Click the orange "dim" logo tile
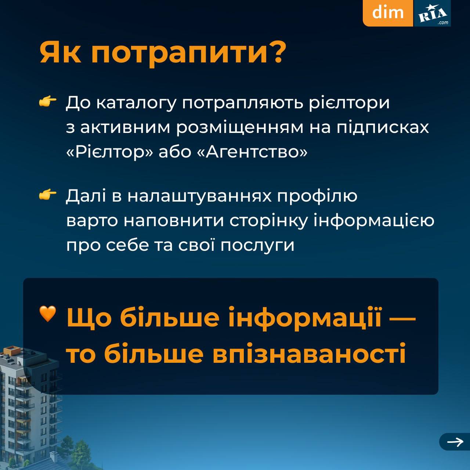pyautogui.click(x=388, y=13)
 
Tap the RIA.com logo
pyautogui.click(x=432, y=13)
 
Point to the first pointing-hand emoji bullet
pyautogui.click(x=48, y=102)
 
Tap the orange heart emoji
pyautogui.click(x=48, y=314)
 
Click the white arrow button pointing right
pyautogui.click(x=455, y=442)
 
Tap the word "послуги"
pyautogui.click(x=257, y=246)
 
